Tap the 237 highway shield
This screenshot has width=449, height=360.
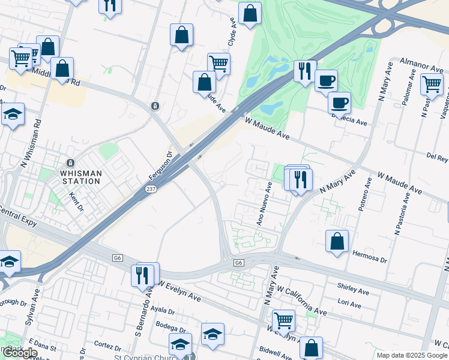151,189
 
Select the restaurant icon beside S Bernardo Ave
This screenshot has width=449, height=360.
142,275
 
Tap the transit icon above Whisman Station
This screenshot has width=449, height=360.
71,163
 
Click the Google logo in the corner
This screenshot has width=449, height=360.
20,353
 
